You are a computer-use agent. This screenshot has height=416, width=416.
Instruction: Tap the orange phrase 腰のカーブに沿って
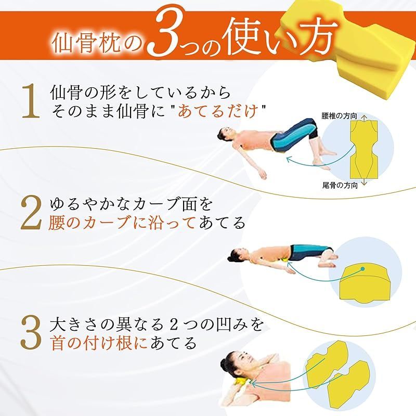[122, 223]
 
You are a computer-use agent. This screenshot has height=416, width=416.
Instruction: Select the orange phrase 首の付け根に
[101, 343]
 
